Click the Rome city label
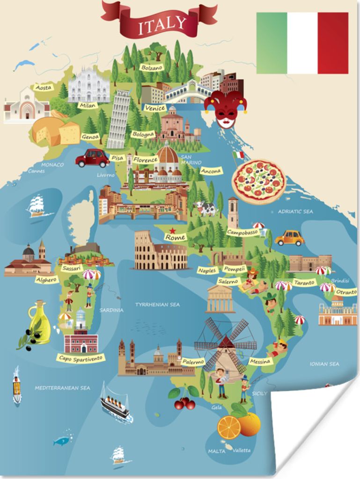(176, 237)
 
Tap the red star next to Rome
(173, 230)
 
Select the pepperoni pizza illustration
(258, 181)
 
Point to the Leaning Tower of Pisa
(119, 119)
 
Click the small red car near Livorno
(92, 158)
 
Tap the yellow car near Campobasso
(289, 238)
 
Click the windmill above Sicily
(226, 344)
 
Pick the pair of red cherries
(184, 399)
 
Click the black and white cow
(206, 208)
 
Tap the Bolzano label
(152, 67)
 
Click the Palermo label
(193, 362)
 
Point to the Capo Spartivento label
(81, 359)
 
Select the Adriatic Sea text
(295, 211)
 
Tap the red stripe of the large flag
(333, 43)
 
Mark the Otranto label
(346, 292)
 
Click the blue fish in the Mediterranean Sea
(62, 440)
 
